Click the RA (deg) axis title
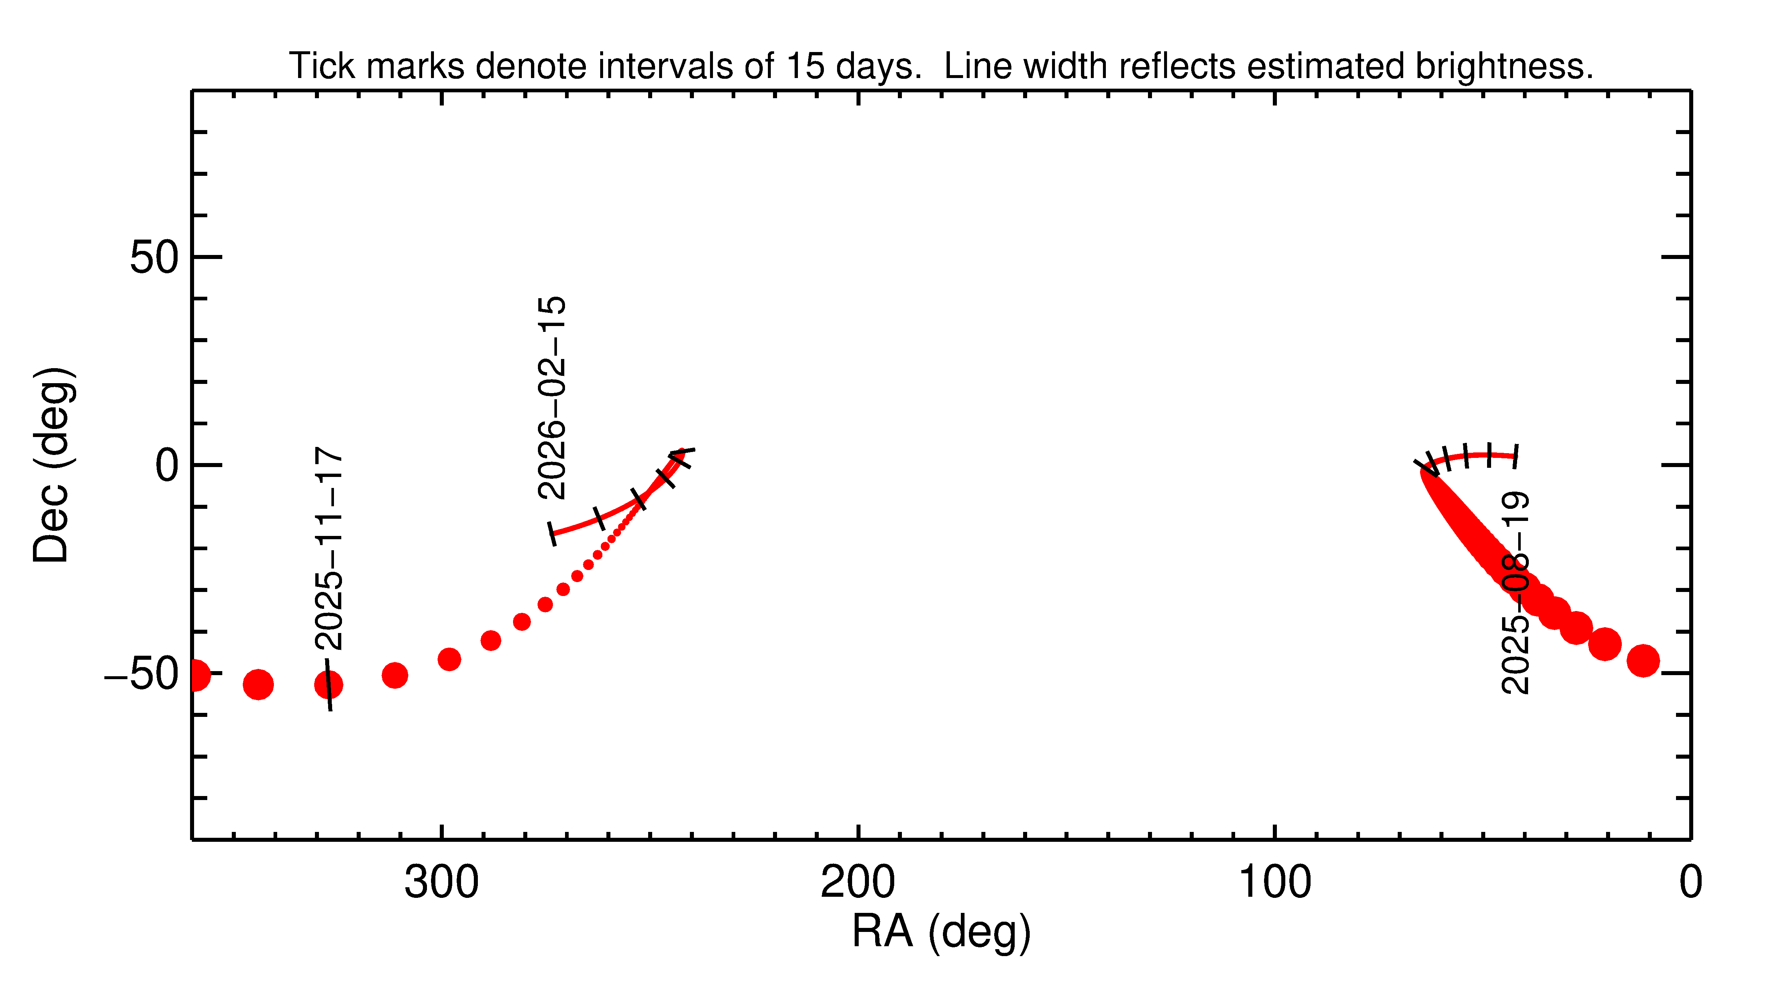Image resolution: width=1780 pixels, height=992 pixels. tap(941, 932)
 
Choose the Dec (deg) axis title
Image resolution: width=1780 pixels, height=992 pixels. tap(52, 465)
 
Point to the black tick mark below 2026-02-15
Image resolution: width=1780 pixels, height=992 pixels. tap(552, 534)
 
